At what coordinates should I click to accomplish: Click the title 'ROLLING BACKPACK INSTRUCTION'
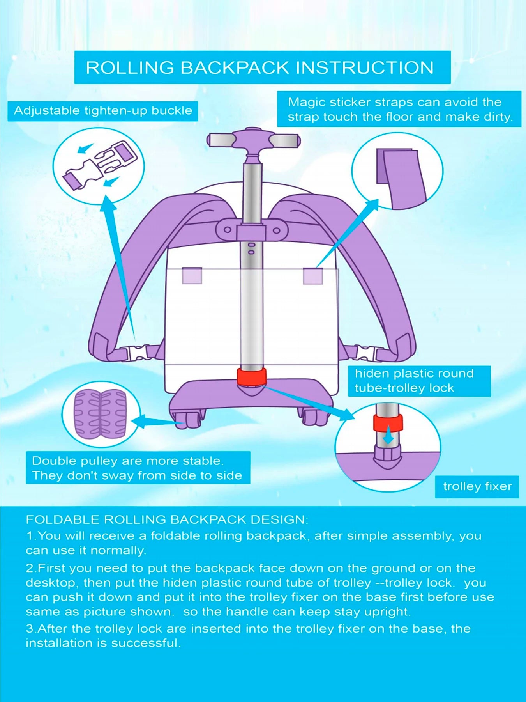259,67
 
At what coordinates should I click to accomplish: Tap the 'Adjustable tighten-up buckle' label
103,111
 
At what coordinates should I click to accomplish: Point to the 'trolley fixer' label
477,486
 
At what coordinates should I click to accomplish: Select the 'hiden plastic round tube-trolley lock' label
414,381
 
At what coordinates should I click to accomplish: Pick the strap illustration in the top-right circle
397,177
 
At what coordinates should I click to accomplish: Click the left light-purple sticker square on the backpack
192,275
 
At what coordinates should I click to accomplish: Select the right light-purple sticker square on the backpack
313,275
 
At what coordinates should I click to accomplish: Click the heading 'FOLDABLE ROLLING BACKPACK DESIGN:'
167,519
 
